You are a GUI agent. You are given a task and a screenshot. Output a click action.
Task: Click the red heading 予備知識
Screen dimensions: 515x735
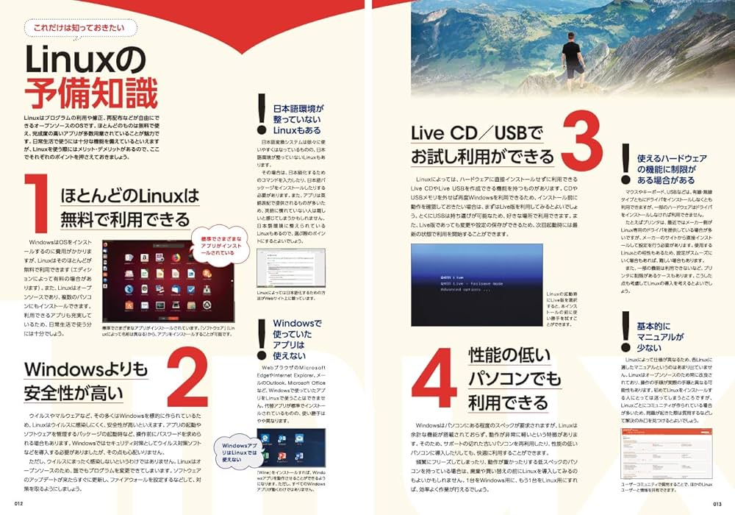91,94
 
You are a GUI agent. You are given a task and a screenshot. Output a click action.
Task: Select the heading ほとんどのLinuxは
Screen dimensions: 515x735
131,196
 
